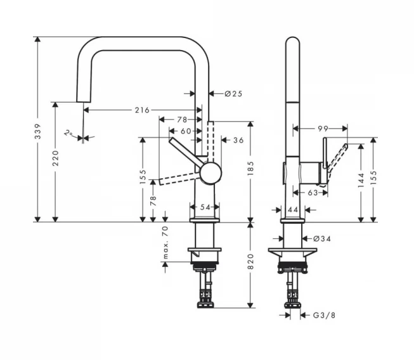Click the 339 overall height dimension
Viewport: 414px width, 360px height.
pos(38,131)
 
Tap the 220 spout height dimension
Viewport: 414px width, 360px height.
pos(55,158)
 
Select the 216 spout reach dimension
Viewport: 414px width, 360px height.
pos(142,110)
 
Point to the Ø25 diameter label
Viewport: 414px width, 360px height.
pos(233,94)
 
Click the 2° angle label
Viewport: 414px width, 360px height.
pos(68,133)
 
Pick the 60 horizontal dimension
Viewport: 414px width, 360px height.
pos(186,131)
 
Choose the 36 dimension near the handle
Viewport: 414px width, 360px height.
pos(238,140)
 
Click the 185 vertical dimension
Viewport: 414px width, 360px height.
pos(250,169)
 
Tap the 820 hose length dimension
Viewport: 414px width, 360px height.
pos(250,261)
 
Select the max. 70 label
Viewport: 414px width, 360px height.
pos(165,242)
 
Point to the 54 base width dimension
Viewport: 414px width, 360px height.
pos(205,207)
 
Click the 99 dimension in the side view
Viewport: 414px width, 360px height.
pos(323,129)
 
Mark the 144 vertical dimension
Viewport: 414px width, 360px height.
pos(361,181)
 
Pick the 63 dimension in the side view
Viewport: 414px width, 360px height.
pos(313,193)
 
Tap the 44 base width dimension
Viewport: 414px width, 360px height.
pos(293,210)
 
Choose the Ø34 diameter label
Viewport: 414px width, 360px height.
pos(322,239)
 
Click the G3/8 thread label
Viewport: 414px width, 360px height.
pos(324,315)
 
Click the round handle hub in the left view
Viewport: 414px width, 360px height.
pos(210,173)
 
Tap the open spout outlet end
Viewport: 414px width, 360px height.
pos(84,101)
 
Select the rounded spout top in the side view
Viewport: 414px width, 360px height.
pos(293,40)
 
